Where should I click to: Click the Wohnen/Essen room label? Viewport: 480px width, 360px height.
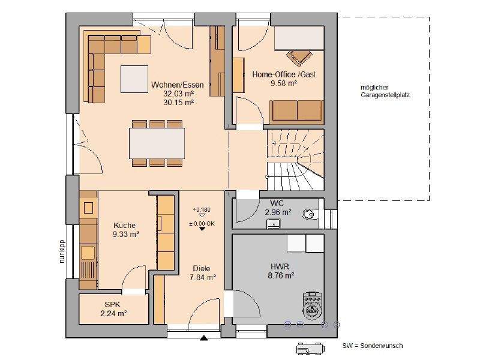click(x=177, y=85)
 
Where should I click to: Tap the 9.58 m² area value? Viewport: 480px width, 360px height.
click(x=284, y=83)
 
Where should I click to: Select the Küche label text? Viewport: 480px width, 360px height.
click(x=125, y=226)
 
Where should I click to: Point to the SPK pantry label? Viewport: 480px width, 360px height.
click(x=113, y=305)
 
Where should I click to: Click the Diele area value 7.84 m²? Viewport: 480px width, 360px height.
click(x=203, y=277)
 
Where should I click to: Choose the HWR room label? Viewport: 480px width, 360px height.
click(x=280, y=266)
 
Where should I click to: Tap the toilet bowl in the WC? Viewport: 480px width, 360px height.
click(x=309, y=214)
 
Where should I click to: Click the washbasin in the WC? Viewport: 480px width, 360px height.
click(x=274, y=223)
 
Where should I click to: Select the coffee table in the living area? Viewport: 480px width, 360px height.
click(x=134, y=79)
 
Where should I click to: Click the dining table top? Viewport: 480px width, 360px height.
click(x=157, y=143)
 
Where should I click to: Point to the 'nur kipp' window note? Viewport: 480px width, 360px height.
click(x=62, y=251)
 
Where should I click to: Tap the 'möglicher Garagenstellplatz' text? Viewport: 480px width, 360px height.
click(x=385, y=91)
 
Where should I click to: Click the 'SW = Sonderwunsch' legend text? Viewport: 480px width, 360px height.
click(x=373, y=346)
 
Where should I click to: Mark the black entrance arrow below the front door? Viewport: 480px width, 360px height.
click(x=204, y=338)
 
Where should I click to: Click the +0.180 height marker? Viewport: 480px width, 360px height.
click(x=202, y=209)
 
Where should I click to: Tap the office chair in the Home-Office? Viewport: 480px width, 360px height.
click(x=299, y=57)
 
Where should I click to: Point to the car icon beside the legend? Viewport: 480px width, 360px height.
click(x=310, y=349)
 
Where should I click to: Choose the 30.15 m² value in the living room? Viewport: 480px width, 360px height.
click(x=178, y=102)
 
